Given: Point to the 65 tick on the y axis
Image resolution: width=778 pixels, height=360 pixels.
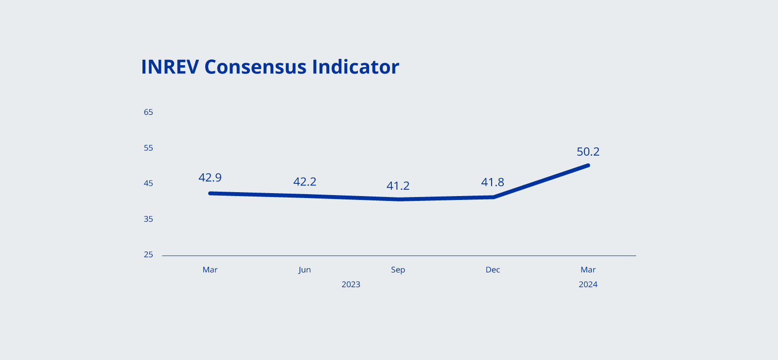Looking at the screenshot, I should click(148, 112).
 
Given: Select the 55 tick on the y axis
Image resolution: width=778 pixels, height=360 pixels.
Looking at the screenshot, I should click(148, 148).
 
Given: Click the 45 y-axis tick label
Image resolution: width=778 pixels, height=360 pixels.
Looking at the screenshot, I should click(148, 183).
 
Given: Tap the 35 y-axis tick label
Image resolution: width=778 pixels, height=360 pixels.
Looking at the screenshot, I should click(148, 219).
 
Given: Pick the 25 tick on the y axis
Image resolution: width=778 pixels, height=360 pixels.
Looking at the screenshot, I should click(148, 254).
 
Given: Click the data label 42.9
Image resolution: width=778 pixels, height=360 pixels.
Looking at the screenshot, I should click(210, 178).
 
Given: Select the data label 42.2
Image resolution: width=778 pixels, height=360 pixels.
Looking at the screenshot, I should click(305, 182).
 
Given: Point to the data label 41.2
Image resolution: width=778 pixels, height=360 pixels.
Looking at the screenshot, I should click(398, 186).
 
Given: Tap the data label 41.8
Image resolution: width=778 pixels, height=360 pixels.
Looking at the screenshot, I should click(493, 182).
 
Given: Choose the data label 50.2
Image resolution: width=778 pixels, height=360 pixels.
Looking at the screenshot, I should click(588, 152).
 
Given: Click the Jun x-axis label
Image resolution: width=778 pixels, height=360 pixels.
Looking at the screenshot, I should click(304, 270).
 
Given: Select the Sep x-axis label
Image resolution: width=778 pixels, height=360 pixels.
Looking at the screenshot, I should click(398, 270).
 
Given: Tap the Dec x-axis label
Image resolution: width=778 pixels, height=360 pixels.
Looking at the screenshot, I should click(493, 270).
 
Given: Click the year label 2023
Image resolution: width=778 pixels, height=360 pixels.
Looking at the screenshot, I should click(351, 285).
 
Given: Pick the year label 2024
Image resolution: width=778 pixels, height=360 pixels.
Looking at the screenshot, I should click(588, 285).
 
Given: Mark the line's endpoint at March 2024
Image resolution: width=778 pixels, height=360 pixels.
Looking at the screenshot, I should click(588, 165).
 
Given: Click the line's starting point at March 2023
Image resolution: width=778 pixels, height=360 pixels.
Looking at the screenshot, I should click(210, 193).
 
